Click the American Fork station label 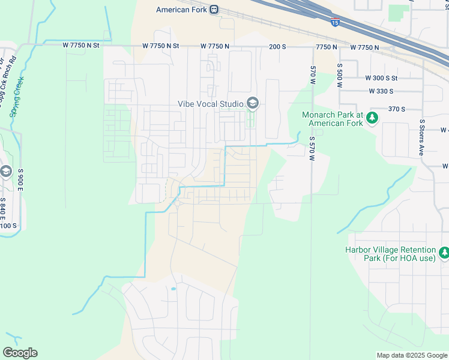181,10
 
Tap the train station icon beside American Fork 214,10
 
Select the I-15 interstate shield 335,22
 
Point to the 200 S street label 277,46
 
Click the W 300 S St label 382,78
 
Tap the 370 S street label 397,109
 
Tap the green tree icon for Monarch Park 373,118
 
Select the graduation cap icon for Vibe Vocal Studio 252,104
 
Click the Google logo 20,353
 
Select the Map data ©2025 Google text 411,355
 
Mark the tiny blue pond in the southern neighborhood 173,289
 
